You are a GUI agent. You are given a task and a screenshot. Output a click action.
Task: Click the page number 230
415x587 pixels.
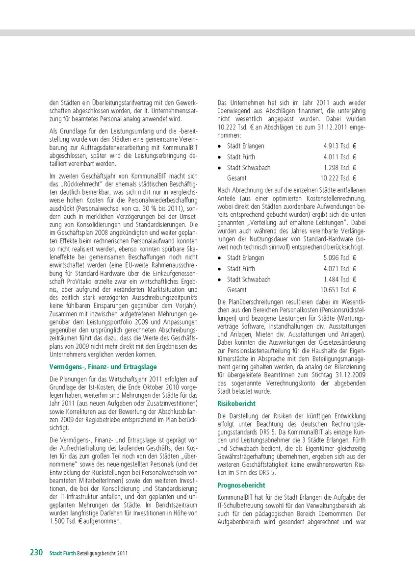point(37,552)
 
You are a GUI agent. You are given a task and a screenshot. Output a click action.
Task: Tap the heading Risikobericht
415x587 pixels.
point(236,404)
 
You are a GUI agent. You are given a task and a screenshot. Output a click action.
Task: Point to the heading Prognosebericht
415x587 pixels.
point(241,485)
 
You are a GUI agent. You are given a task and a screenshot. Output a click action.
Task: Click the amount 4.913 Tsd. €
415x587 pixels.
point(340,146)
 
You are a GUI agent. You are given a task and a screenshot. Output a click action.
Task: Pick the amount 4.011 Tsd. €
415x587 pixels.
point(340,157)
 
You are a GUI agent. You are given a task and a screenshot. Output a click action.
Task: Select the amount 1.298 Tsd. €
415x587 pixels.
point(340,168)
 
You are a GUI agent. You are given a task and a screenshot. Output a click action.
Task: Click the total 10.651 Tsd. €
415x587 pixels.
point(338,290)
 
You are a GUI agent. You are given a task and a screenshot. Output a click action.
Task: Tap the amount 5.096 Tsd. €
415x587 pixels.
point(340,258)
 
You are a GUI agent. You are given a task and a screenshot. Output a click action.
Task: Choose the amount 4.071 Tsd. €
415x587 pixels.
point(340,269)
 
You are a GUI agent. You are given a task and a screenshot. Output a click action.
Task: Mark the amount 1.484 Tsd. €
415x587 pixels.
point(340,280)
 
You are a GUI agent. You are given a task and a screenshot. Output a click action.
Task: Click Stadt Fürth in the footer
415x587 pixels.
point(62,553)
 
